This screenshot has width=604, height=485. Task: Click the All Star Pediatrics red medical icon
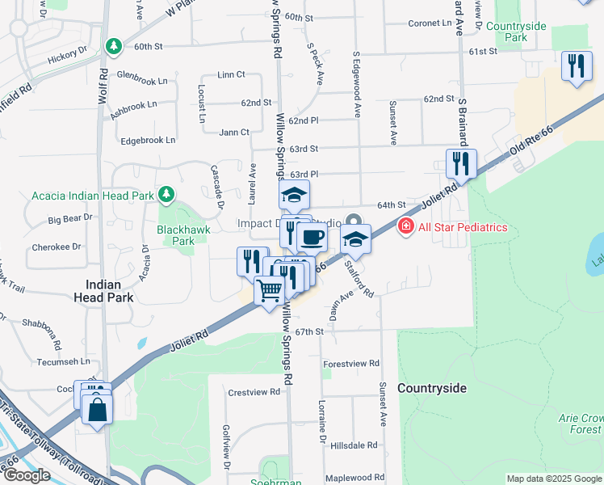click(406, 227)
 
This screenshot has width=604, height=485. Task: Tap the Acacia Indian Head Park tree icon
click(166, 194)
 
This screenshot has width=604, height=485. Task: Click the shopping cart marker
click(270, 290)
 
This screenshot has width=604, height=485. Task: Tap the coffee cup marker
click(312, 238)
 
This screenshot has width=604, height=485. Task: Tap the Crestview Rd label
click(254, 392)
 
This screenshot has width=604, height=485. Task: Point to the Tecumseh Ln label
click(51, 362)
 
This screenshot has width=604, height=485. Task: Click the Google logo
click(26, 475)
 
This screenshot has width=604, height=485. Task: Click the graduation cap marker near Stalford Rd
click(355, 238)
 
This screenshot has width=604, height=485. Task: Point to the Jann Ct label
click(234, 132)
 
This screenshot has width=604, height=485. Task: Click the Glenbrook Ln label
click(142, 81)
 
